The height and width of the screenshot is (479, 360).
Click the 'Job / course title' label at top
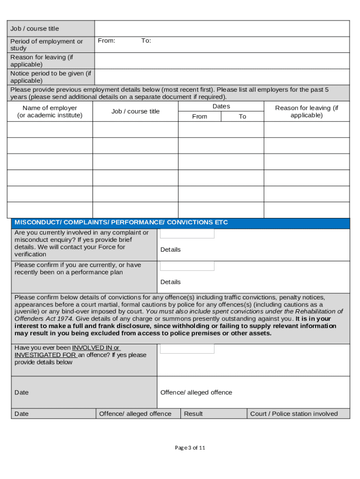point(35,29)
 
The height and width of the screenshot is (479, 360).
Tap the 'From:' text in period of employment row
point(107,41)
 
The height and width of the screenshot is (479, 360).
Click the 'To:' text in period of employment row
point(146,41)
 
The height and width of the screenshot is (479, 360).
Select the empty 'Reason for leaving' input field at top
point(222,61)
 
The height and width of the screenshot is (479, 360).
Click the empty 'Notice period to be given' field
point(222,77)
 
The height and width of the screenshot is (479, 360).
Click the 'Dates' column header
point(221,106)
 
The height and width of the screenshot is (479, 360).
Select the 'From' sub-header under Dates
point(200,116)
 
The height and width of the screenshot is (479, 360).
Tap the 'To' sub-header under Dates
point(242,116)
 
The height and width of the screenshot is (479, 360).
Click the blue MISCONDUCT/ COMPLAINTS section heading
point(122,223)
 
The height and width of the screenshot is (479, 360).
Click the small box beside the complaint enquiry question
point(187,233)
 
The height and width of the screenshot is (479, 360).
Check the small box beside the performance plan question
point(187,266)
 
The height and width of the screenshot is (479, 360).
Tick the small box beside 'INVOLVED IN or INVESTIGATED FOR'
point(187,348)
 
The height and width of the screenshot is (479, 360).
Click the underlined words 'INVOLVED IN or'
point(96,348)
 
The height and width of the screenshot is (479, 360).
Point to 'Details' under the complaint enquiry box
point(170,250)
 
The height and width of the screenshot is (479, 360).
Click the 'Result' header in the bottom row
point(193,414)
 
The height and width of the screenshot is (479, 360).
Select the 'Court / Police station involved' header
point(294,414)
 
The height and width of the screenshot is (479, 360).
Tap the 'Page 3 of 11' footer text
point(190,448)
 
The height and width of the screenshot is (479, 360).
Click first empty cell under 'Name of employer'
point(50,130)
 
